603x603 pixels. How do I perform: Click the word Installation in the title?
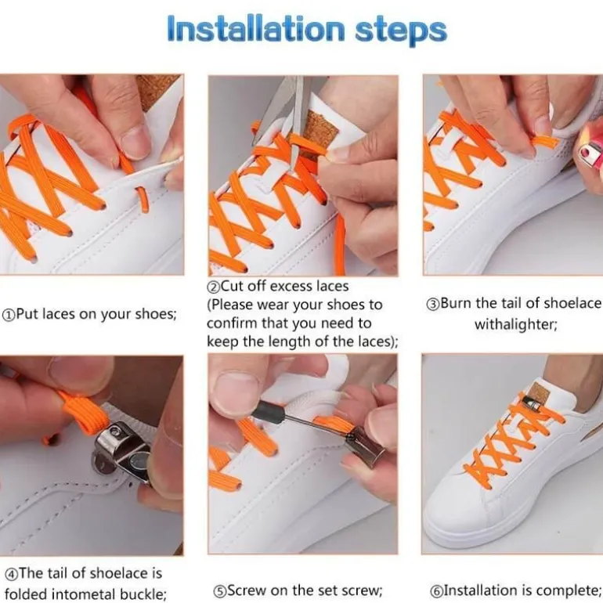(256, 28)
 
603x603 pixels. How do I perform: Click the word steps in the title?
(401, 31)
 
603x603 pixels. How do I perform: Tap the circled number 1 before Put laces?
(9, 316)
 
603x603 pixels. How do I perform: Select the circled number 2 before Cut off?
(213, 287)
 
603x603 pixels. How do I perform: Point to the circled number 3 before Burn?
(432, 304)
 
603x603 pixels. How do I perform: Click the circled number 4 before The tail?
(11, 574)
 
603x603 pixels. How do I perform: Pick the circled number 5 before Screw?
(219, 591)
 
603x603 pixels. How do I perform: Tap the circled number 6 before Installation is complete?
(435, 590)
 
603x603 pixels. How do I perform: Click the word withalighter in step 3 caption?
(516, 324)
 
